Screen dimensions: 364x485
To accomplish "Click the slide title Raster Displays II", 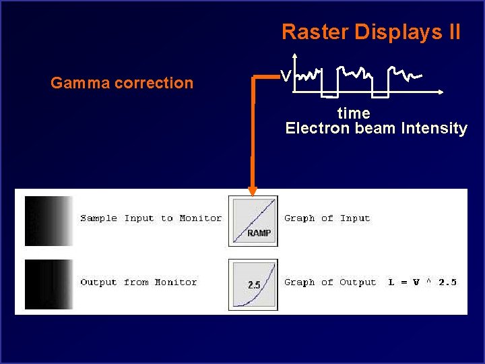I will (371, 32).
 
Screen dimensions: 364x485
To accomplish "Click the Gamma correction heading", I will (122, 83).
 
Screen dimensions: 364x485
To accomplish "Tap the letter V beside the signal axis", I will (286, 77).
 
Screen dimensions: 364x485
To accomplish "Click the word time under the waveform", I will (354, 113).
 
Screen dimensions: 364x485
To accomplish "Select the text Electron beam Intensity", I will (376, 128).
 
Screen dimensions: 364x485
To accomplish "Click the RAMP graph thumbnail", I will (253, 220).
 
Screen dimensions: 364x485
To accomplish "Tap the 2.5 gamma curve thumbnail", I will (253, 284).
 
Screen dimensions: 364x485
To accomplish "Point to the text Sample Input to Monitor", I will (150, 218).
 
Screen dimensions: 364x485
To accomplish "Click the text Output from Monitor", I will (138, 282).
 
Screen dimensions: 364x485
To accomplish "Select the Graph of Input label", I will (327, 218).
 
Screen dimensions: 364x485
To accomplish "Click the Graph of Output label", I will (329, 282).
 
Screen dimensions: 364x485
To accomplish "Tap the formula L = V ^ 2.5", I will (422, 282).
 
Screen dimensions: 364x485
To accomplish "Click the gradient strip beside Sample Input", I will (48, 220).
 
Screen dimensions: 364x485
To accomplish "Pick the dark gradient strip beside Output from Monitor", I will (48, 284).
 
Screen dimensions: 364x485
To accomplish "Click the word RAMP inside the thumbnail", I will (259, 233).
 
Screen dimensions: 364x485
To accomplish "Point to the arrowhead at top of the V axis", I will (295, 57).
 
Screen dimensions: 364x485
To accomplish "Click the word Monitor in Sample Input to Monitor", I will (200, 218).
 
